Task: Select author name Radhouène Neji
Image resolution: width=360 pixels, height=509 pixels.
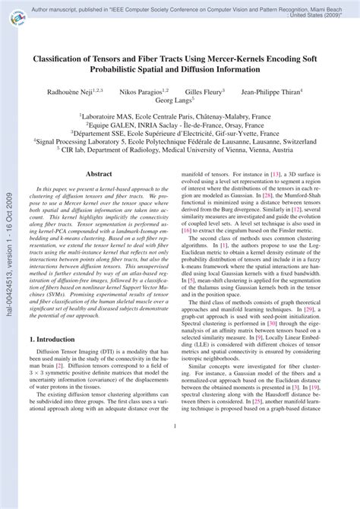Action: click(73, 90)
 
